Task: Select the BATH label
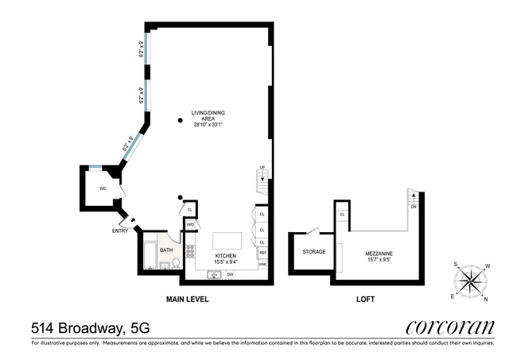165,250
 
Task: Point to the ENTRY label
119,231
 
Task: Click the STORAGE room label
313,252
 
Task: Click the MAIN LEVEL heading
187,300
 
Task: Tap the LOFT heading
365,300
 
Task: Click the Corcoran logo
450,327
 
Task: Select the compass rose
470,280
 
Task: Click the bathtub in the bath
149,254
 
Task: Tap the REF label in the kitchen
262,253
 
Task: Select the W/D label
191,225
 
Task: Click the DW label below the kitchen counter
230,274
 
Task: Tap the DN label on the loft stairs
413,207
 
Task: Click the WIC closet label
103,188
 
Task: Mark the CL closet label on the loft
342,215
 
